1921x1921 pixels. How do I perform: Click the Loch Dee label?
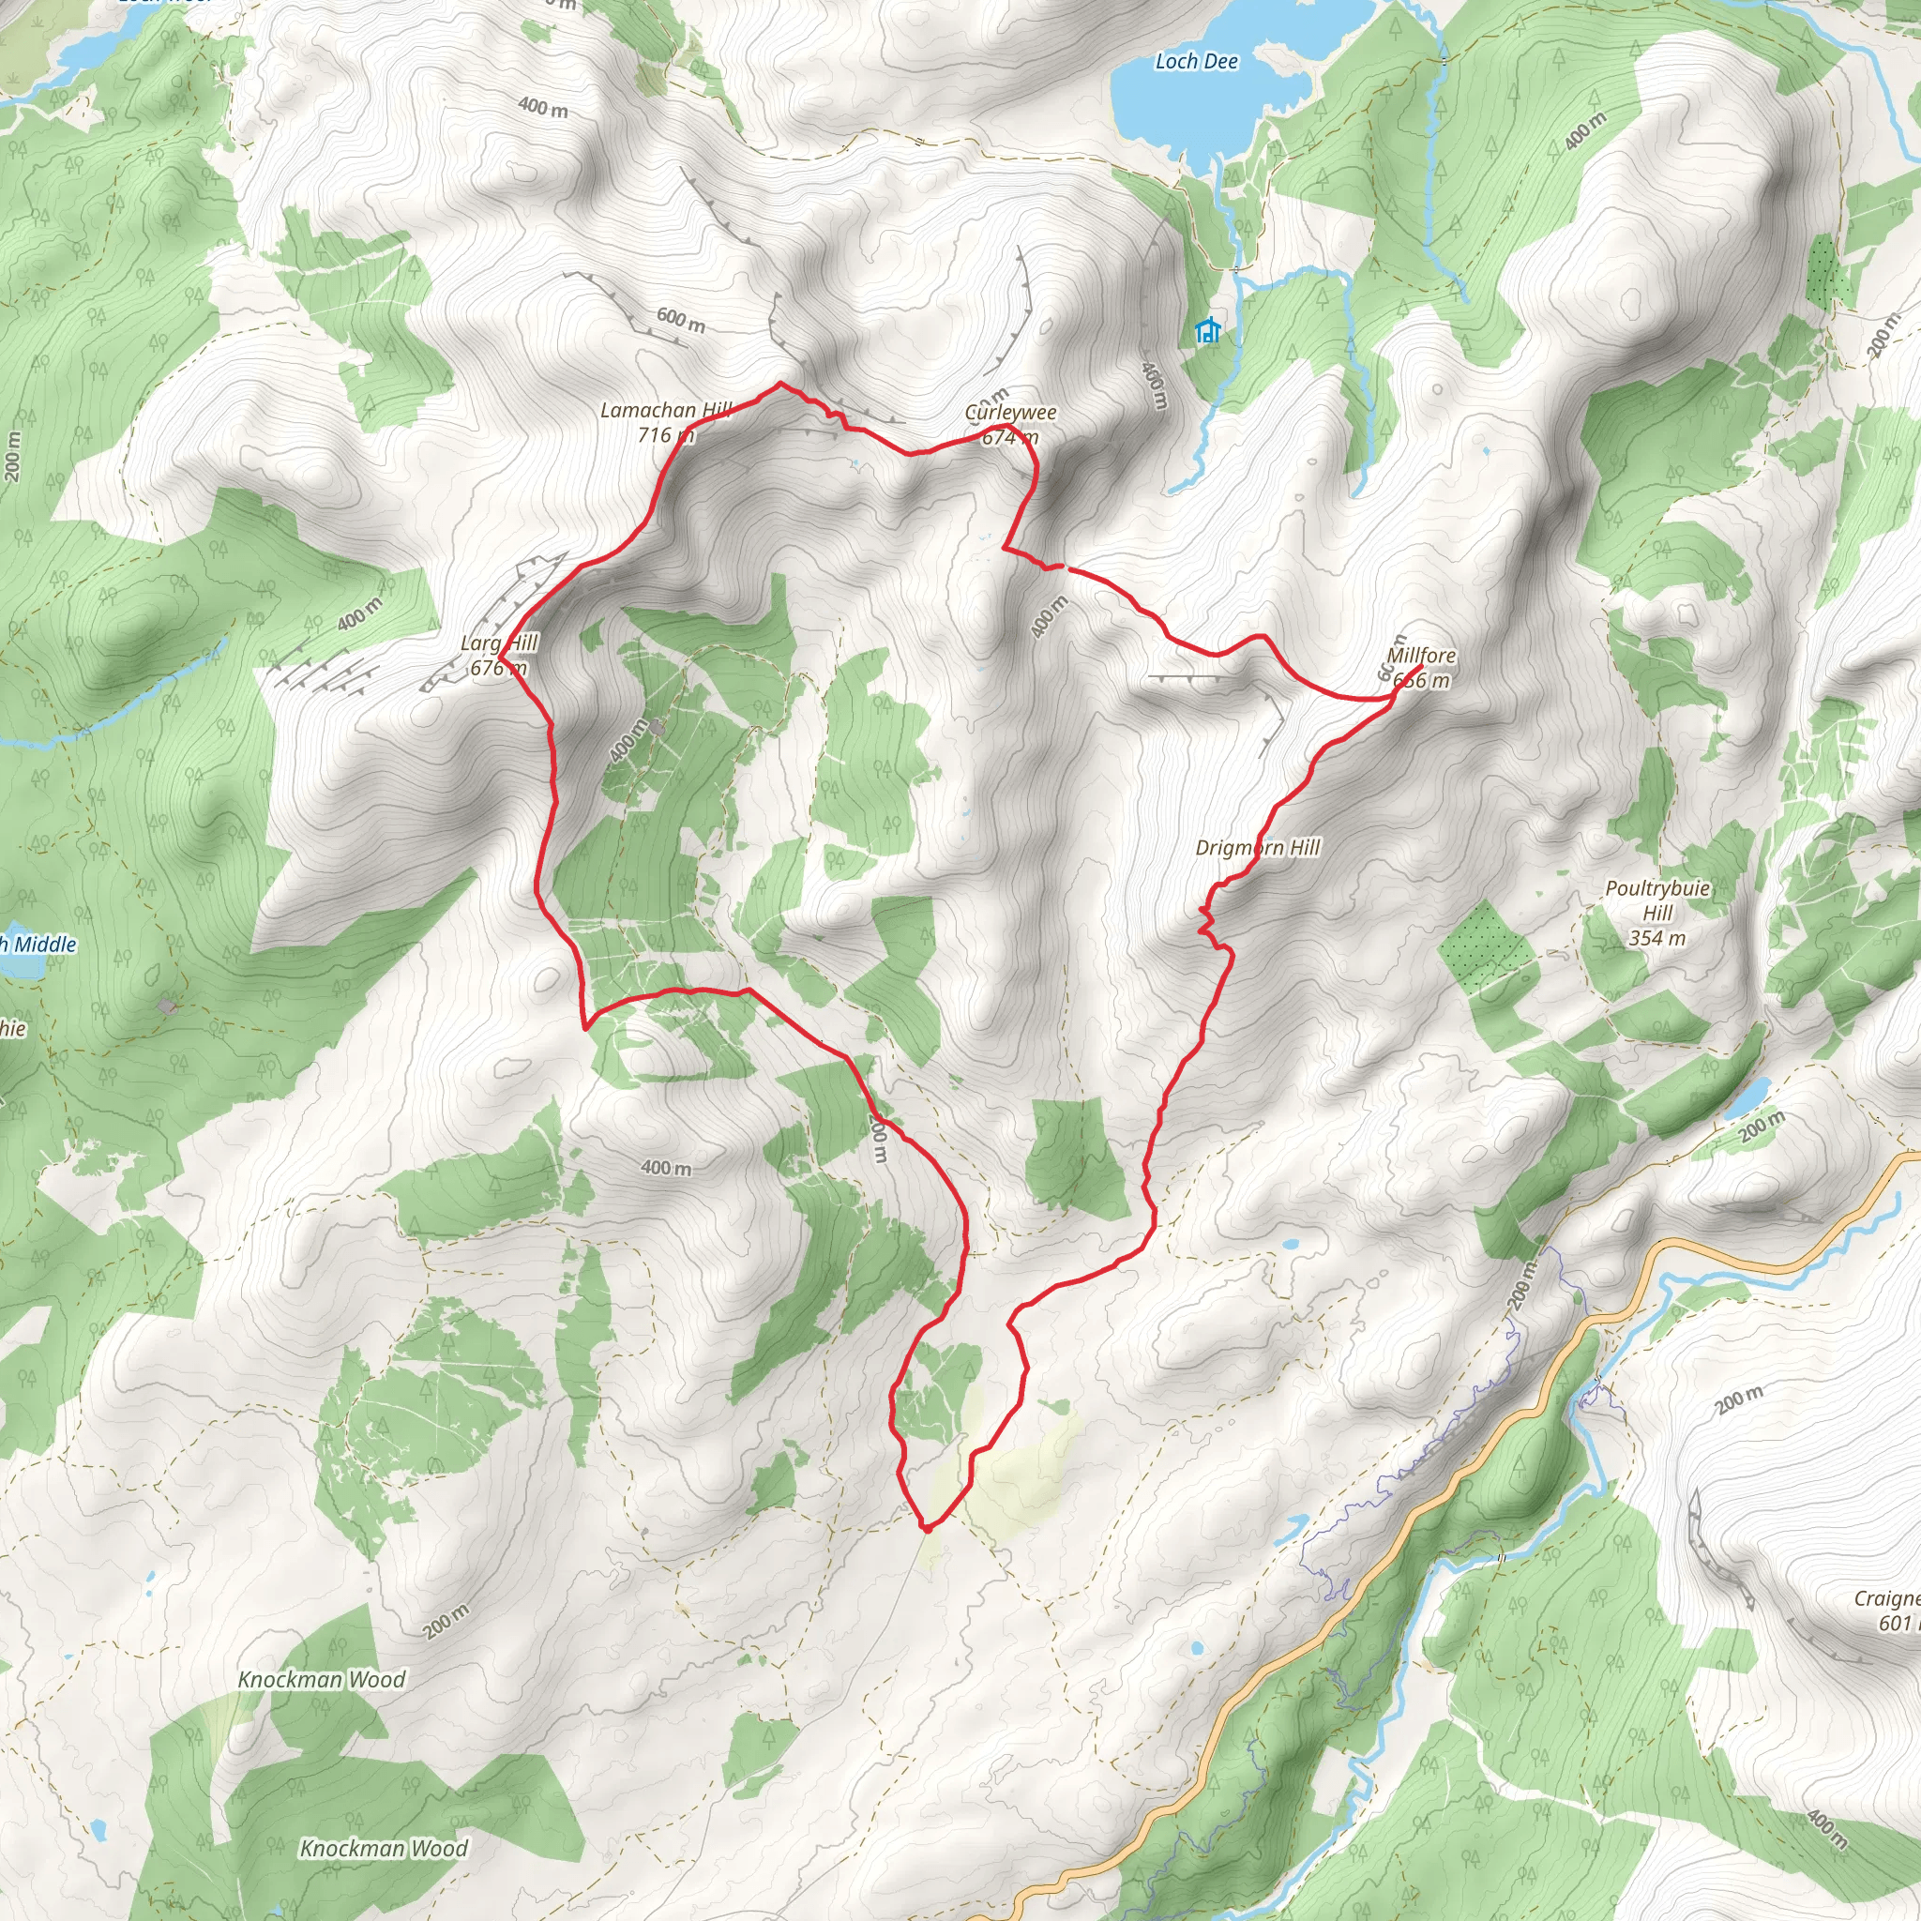coord(1196,62)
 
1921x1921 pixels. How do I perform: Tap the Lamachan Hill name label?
coord(665,411)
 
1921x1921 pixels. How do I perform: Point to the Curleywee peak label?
coord(1010,413)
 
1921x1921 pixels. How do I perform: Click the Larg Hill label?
coord(498,643)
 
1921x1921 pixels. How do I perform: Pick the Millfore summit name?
coord(1421,657)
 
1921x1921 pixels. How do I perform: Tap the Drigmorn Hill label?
coord(1258,848)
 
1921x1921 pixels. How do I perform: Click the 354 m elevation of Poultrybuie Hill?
coord(1656,938)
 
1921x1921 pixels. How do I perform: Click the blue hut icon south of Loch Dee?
coord(1208,330)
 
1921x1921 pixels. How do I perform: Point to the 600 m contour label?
coord(681,319)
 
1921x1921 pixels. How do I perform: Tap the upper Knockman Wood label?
coord(321,1679)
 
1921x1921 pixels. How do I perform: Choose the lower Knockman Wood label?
coord(384,1849)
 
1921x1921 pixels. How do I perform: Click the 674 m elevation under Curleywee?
coord(1010,436)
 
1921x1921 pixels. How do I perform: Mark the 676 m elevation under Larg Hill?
coord(498,668)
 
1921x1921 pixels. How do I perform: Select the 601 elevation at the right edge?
coord(1898,1623)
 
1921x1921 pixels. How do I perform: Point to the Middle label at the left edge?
coord(39,945)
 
